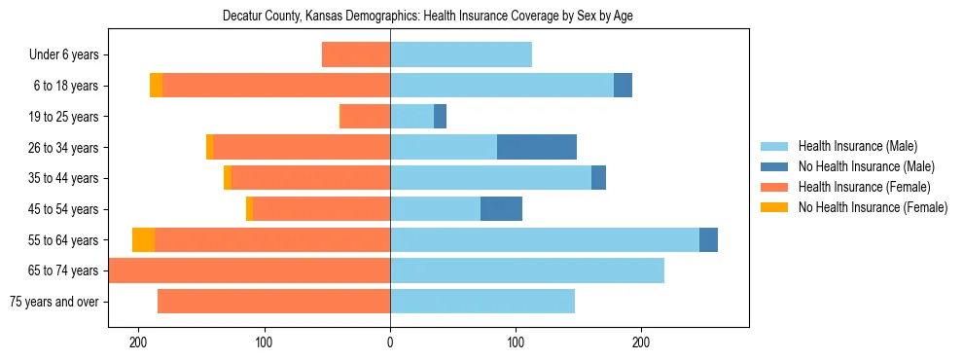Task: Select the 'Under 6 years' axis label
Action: (x=63, y=55)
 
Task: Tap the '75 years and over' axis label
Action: (x=53, y=302)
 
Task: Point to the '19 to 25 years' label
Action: (x=63, y=117)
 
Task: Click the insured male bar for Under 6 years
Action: (x=461, y=55)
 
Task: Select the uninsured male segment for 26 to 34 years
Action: (x=537, y=148)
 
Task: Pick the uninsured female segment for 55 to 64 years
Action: (x=143, y=240)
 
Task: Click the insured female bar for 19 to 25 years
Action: (x=365, y=117)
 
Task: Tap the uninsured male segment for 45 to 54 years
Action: (x=501, y=209)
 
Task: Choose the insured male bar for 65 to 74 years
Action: (x=527, y=270)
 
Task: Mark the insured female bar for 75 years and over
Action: (x=273, y=302)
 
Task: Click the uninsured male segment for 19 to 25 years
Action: (x=440, y=117)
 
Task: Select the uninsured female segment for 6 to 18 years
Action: (x=156, y=86)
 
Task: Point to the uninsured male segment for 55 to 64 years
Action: (x=708, y=240)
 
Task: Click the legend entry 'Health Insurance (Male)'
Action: (x=858, y=146)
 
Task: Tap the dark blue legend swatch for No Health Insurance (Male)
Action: (x=774, y=166)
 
